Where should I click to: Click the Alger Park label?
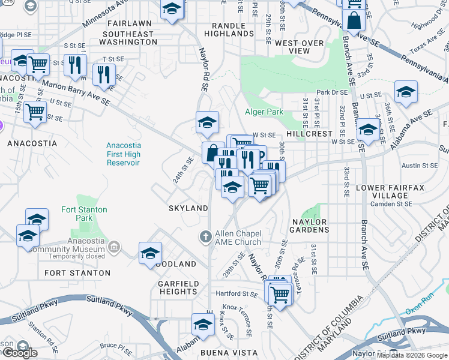(x=264, y=112)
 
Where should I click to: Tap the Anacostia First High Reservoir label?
(x=123, y=154)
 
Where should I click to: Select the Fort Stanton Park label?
(x=84, y=214)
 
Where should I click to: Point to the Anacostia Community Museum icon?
(x=115, y=247)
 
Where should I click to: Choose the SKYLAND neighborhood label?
(x=188, y=208)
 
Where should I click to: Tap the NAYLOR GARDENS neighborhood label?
(x=310, y=226)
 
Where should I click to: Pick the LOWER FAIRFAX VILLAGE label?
(x=390, y=191)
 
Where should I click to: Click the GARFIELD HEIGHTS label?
(x=178, y=287)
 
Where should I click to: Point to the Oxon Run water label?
(x=418, y=312)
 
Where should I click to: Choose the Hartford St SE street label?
(x=237, y=294)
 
